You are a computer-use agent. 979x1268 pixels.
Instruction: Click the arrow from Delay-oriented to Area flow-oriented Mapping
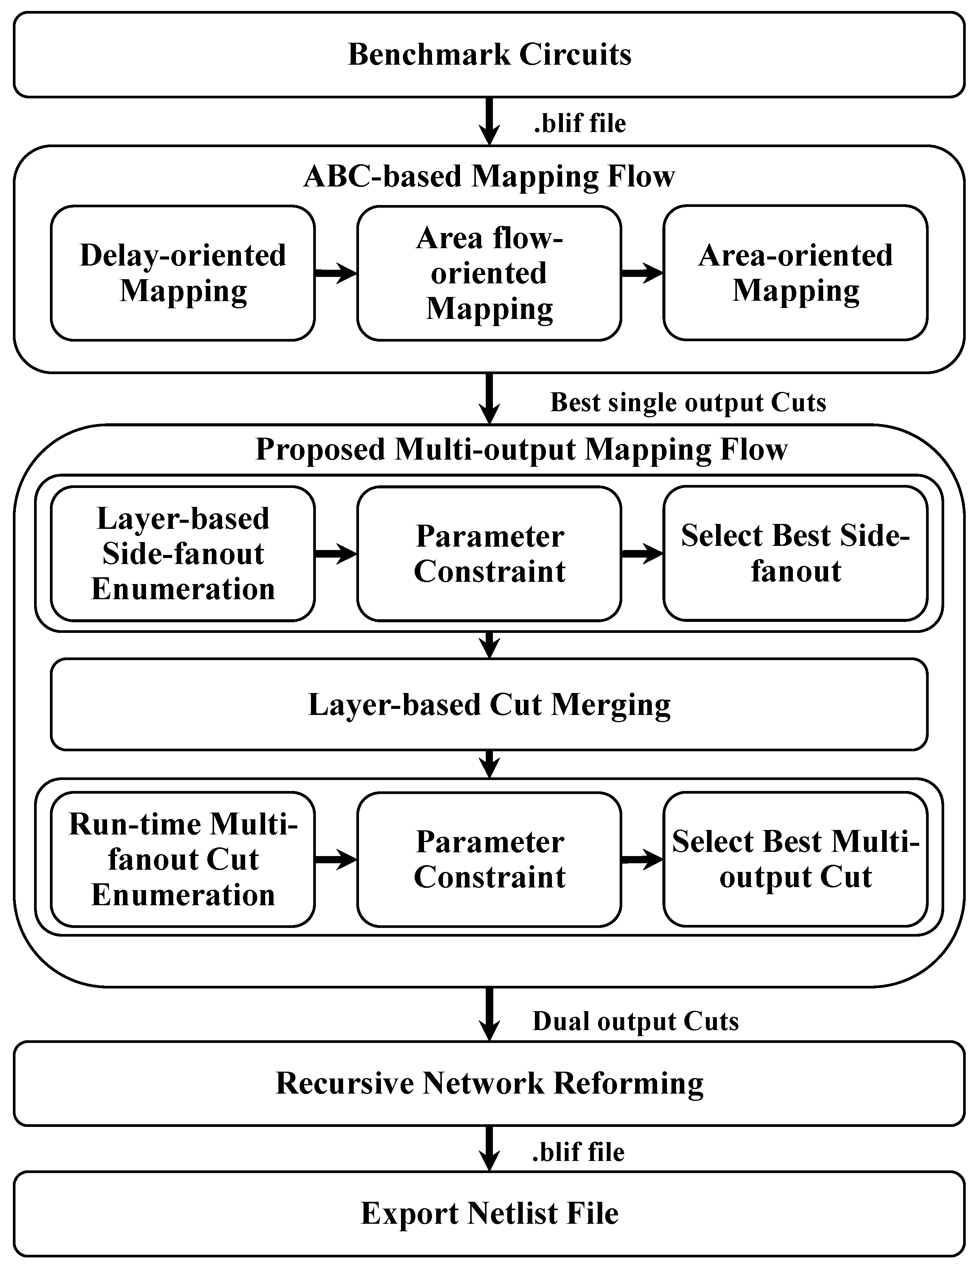336,272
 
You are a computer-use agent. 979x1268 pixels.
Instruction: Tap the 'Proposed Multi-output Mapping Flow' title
521,449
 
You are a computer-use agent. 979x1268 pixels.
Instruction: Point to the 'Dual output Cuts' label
635,1021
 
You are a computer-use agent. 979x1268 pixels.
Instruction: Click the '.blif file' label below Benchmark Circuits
580,123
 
